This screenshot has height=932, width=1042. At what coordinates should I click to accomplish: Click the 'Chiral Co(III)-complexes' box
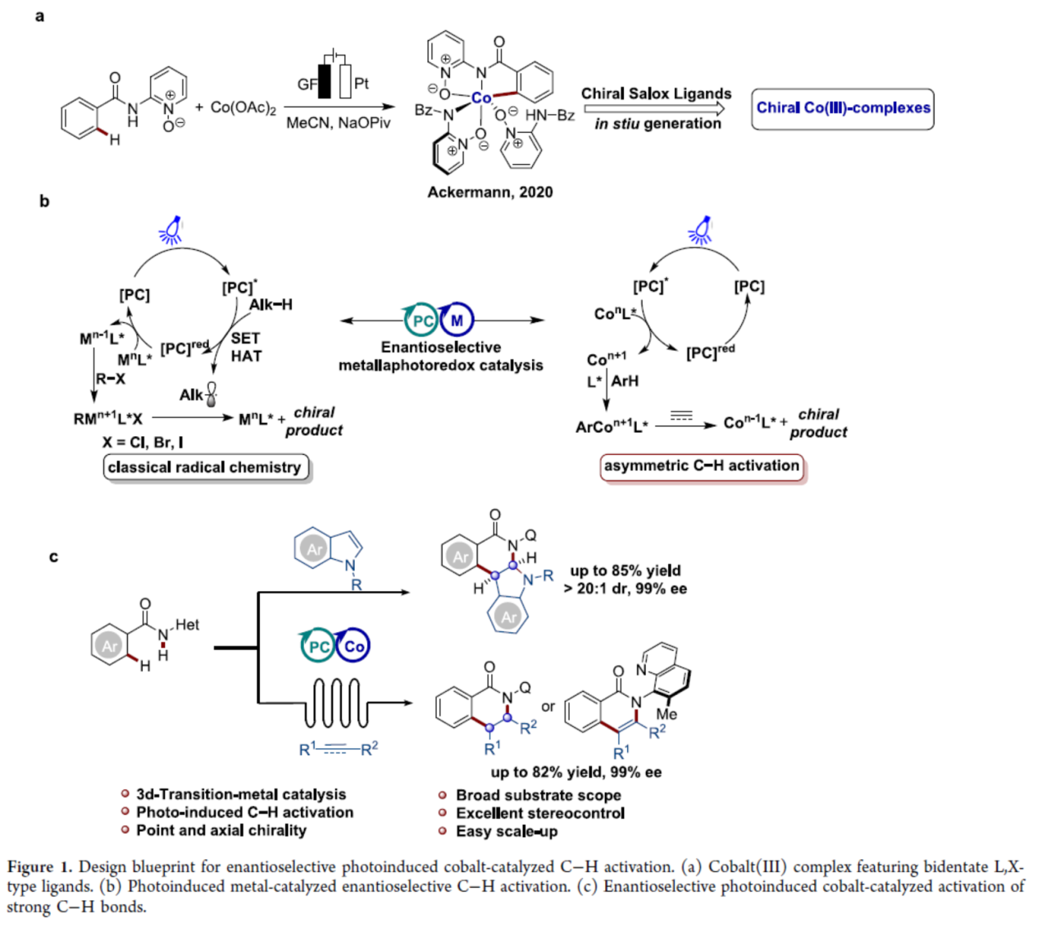(843, 108)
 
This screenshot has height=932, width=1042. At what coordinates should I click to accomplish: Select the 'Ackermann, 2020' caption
(489, 192)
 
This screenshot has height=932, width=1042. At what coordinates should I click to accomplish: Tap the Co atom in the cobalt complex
(481, 98)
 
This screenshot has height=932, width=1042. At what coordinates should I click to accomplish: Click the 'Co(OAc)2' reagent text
(243, 107)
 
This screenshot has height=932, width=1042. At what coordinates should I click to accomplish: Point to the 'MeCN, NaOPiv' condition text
(338, 124)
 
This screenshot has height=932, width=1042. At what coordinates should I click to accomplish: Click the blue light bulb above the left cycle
(171, 230)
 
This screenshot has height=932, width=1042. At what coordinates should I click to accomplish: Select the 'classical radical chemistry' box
(205, 467)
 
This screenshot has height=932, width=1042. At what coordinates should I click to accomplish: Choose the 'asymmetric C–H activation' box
(702, 466)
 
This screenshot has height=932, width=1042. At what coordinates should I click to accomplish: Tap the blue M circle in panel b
(457, 321)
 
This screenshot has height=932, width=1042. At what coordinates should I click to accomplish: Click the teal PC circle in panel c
(317, 646)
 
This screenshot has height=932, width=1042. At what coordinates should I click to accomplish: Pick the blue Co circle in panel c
(353, 646)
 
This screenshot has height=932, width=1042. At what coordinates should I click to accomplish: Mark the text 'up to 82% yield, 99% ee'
(576, 772)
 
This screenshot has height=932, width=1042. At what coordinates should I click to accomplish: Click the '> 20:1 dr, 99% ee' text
(626, 589)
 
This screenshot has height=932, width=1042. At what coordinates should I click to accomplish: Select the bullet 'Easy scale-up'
(507, 831)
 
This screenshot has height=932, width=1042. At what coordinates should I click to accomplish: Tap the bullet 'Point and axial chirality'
(221, 830)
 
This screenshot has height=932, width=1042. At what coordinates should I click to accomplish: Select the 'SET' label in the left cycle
(245, 338)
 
